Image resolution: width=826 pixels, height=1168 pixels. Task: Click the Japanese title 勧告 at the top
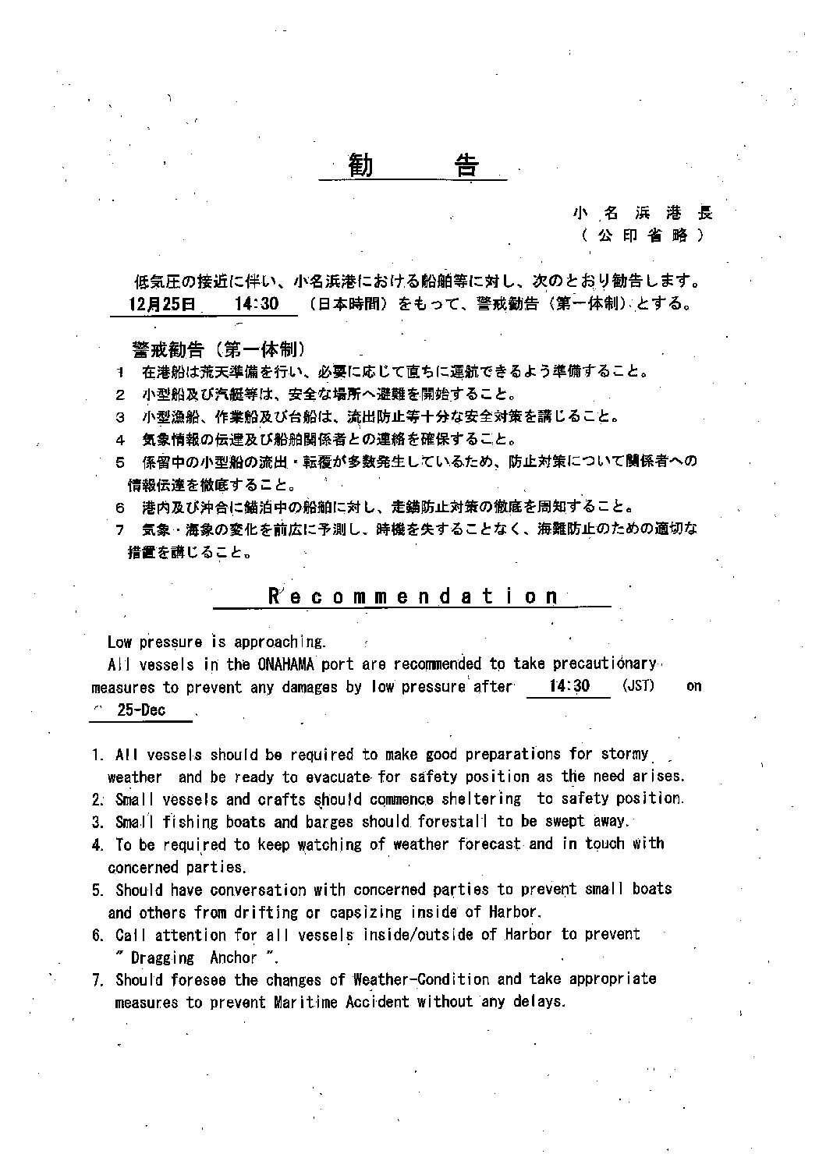pyautogui.click(x=413, y=165)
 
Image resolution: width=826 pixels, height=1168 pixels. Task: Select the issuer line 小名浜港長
pyautogui.click(x=643, y=212)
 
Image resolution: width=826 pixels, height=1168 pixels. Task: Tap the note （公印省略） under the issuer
pyautogui.click(x=643, y=235)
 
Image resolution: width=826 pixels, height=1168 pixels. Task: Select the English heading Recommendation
pyautogui.click(x=413, y=596)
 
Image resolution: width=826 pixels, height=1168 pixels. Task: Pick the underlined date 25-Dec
pyautogui.click(x=141, y=710)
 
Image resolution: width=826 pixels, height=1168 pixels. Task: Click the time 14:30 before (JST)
pyautogui.click(x=569, y=686)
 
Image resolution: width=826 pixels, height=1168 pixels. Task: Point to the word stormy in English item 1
pyautogui.click(x=625, y=754)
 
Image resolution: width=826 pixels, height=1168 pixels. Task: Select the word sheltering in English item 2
pyautogui.click(x=481, y=798)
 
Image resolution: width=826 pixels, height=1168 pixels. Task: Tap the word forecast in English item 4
pyautogui.click(x=488, y=844)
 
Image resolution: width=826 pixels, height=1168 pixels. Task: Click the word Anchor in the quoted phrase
pyautogui.click(x=233, y=957)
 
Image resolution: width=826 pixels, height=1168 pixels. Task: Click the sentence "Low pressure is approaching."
pyautogui.click(x=216, y=642)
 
